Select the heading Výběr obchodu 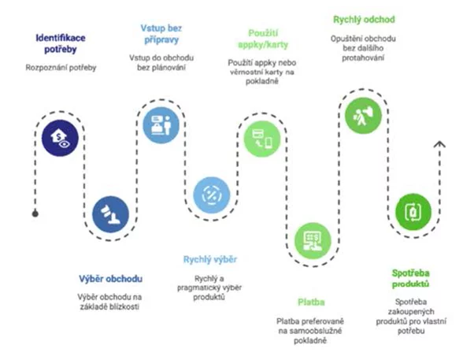coord(110,280)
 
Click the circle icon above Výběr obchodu coord(110,213)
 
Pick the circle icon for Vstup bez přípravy coord(161,122)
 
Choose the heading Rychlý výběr coord(210,260)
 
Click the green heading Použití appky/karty coord(261,38)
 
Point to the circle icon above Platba coord(312,239)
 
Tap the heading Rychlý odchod coord(363,19)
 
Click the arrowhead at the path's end coord(440,144)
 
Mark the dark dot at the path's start coord(34,213)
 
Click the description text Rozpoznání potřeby coord(61,68)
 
